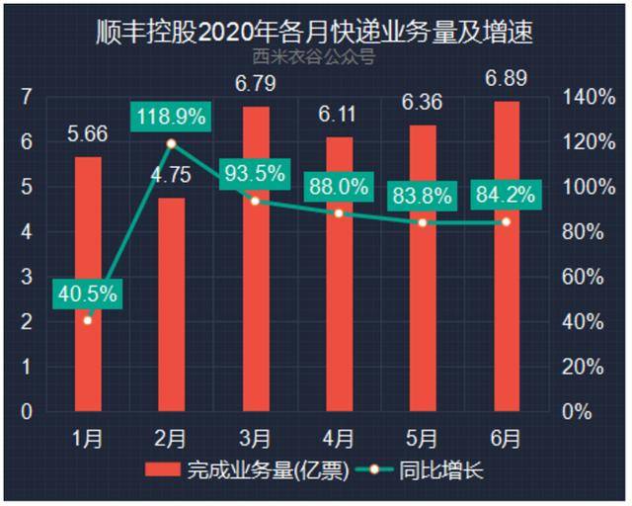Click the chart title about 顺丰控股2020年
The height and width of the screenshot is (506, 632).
315,33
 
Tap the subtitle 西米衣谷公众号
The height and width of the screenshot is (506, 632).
315,58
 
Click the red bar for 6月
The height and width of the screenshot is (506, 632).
507,257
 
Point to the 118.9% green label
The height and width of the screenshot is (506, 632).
172,117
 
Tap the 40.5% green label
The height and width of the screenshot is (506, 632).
88,294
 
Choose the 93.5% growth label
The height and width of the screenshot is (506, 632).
255,174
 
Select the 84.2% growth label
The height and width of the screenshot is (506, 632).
506,194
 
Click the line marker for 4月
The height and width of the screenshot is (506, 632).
339,213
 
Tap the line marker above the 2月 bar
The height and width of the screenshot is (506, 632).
172,143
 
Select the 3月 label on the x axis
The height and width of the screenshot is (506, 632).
255,435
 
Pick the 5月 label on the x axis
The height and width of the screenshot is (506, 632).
423,435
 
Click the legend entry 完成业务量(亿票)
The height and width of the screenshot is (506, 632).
247,470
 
